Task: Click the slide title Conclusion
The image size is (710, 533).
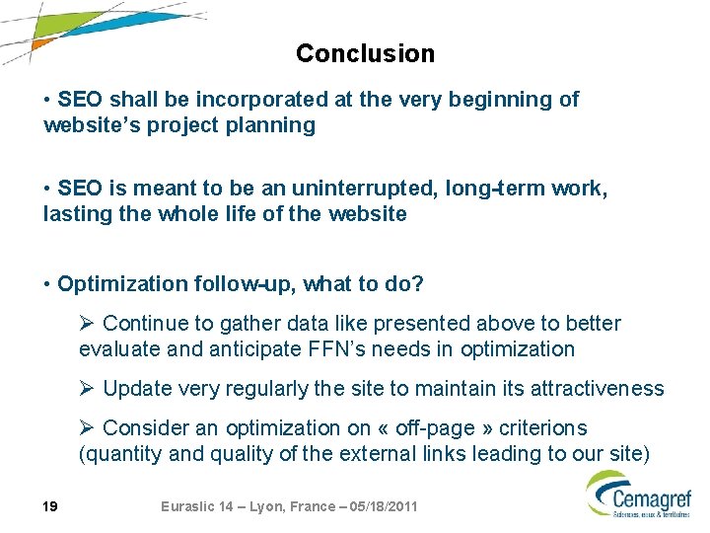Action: click(365, 53)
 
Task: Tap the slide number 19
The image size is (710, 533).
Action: click(50, 506)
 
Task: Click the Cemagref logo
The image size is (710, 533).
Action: click(638, 494)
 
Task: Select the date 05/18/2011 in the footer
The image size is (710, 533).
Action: click(379, 506)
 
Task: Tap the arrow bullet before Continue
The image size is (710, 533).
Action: click(88, 324)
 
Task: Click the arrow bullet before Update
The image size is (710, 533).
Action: click(88, 389)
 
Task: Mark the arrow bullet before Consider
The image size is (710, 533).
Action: click(88, 428)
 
